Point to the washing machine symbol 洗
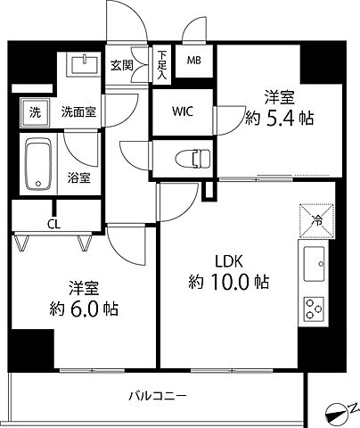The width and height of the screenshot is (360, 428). point(33,113)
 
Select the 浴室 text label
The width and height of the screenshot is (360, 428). point(78,177)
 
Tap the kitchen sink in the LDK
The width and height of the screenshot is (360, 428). point(316,265)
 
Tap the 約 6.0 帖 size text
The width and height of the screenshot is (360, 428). point(83,311)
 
